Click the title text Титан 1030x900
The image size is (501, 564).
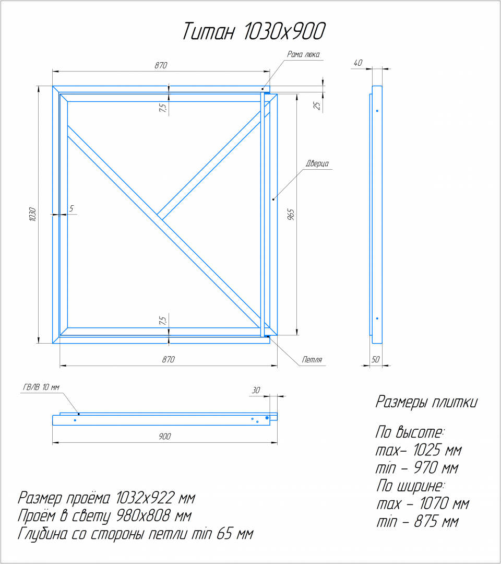pos(254,31)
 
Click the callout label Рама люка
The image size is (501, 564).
pos(303,54)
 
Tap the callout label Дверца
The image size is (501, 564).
pos(317,163)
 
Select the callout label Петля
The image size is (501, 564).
pos(312,359)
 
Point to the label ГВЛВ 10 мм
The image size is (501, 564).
pos(41,387)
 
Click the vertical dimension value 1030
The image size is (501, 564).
pos(32,215)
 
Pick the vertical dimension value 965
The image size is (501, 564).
pos(291,215)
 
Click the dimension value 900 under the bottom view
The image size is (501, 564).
pos(165,436)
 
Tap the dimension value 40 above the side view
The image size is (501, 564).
pos(358,63)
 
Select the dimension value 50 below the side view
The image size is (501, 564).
pos(375,359)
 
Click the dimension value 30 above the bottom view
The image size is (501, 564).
pos(256,390)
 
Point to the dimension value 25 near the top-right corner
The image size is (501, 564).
pos(317,105)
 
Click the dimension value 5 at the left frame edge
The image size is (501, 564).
pos(71,208)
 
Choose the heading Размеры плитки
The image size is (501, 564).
pos(426,402)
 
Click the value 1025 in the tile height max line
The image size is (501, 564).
pos(426,450)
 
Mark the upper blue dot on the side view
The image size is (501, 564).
pos(377,111)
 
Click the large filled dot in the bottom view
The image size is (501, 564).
pos(267,418)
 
